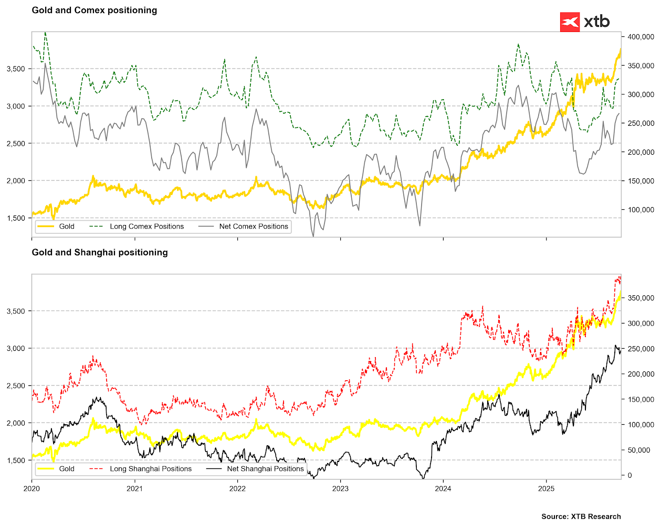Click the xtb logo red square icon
pos(570,22)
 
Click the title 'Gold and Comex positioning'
pos(95,10)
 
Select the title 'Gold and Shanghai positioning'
pos(100,252)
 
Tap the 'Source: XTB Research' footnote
pos(581,517)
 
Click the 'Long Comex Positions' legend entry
pos(146,227)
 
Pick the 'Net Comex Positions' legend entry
pos(254,227)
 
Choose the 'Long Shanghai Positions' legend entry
pos(151,469)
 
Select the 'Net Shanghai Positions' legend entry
pos(265,469)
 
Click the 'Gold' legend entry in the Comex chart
pos(67,227)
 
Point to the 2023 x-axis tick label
pos(340,489)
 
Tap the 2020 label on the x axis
pos(32,489)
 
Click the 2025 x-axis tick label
pos(546,489)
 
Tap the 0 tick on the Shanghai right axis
pos(630,476)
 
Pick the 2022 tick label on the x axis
pos(237,489)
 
